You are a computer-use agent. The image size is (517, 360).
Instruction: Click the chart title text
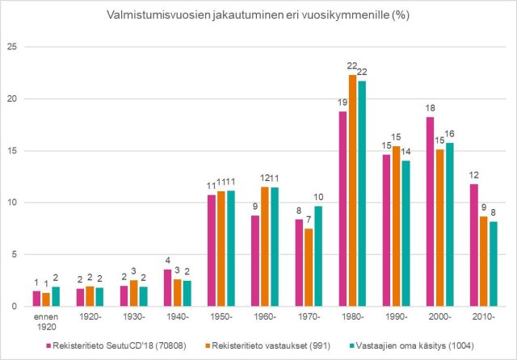(258, 16)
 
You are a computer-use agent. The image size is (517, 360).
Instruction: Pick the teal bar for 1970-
(318, 256)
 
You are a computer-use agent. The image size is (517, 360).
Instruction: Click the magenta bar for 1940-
(168, 288)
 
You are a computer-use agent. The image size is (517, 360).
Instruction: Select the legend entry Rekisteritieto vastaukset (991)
(254, 346)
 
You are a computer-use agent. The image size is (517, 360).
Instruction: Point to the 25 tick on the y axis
(11, 47)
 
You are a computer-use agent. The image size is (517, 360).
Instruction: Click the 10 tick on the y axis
(11, 203)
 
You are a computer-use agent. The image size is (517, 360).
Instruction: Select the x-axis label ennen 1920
(46, 323)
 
